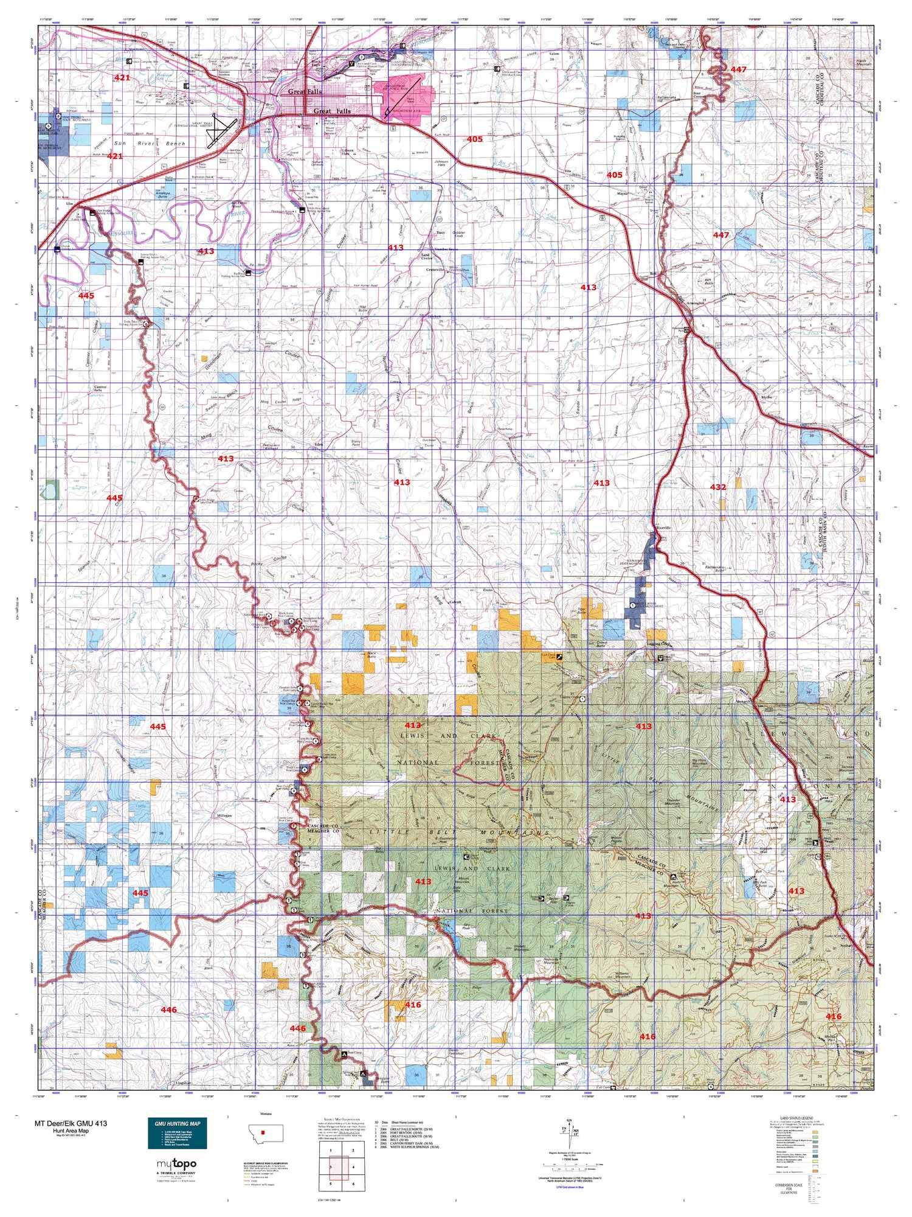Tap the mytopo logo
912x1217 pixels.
coord(177,1164)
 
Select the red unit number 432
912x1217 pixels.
coord(718,487)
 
